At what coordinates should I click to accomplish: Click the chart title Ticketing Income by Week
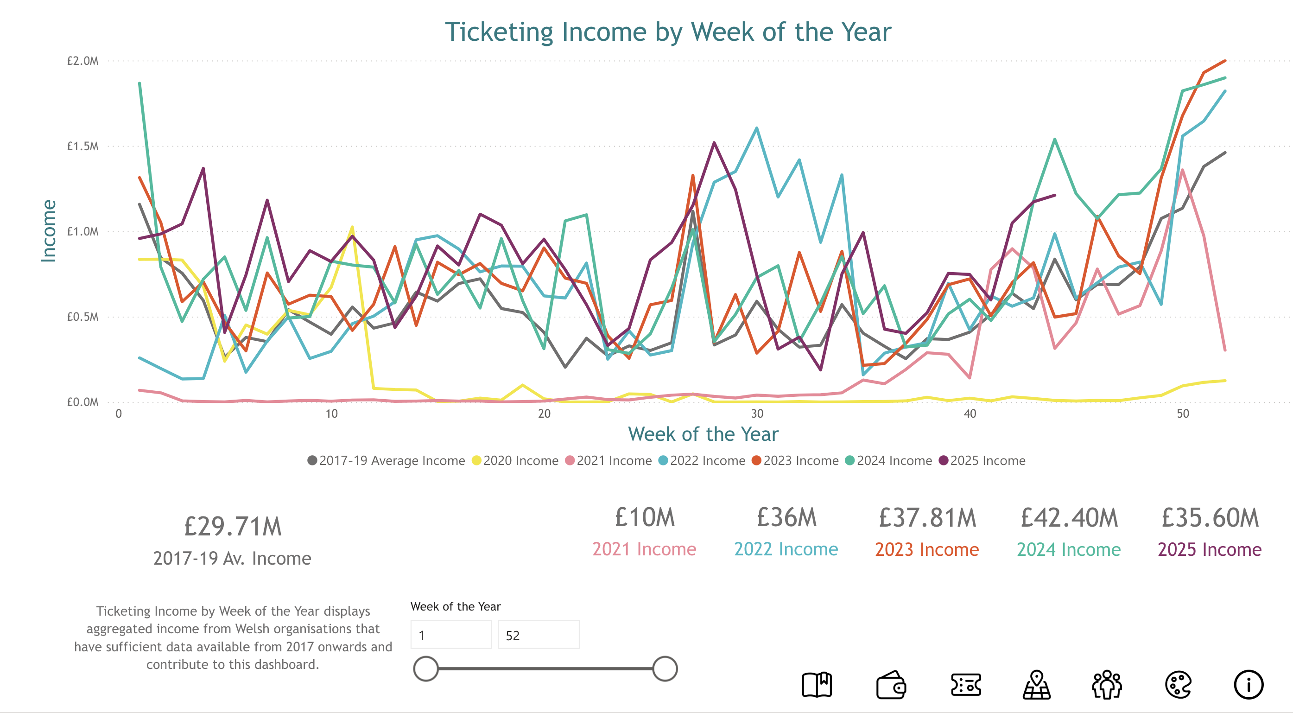(x=668, y=32)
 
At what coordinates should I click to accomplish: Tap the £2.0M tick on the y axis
(x=83, y=61)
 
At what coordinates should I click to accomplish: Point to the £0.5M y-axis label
(x=83, y=317)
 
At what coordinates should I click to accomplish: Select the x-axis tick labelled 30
(x=757, y=414)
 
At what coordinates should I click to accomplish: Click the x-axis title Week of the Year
(x=703, y=434)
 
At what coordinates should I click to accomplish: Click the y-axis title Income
(x=49, y=231)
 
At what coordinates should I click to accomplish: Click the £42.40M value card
(x=1069, y=518)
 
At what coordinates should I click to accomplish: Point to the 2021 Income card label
(x=644, y=549)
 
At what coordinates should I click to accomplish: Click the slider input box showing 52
(x=538, y=635)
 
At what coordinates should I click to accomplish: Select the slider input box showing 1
(x=450, y=635)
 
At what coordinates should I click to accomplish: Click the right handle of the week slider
(x=665, y=669)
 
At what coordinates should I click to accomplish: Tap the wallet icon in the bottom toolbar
(x=891, y=685)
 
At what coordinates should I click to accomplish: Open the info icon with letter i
(x=1249, y=685)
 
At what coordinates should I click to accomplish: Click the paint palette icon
(x=1178, y=685)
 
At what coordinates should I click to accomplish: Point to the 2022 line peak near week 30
(x=756, y=128)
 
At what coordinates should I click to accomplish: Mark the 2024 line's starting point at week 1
(x=139, y=83)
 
